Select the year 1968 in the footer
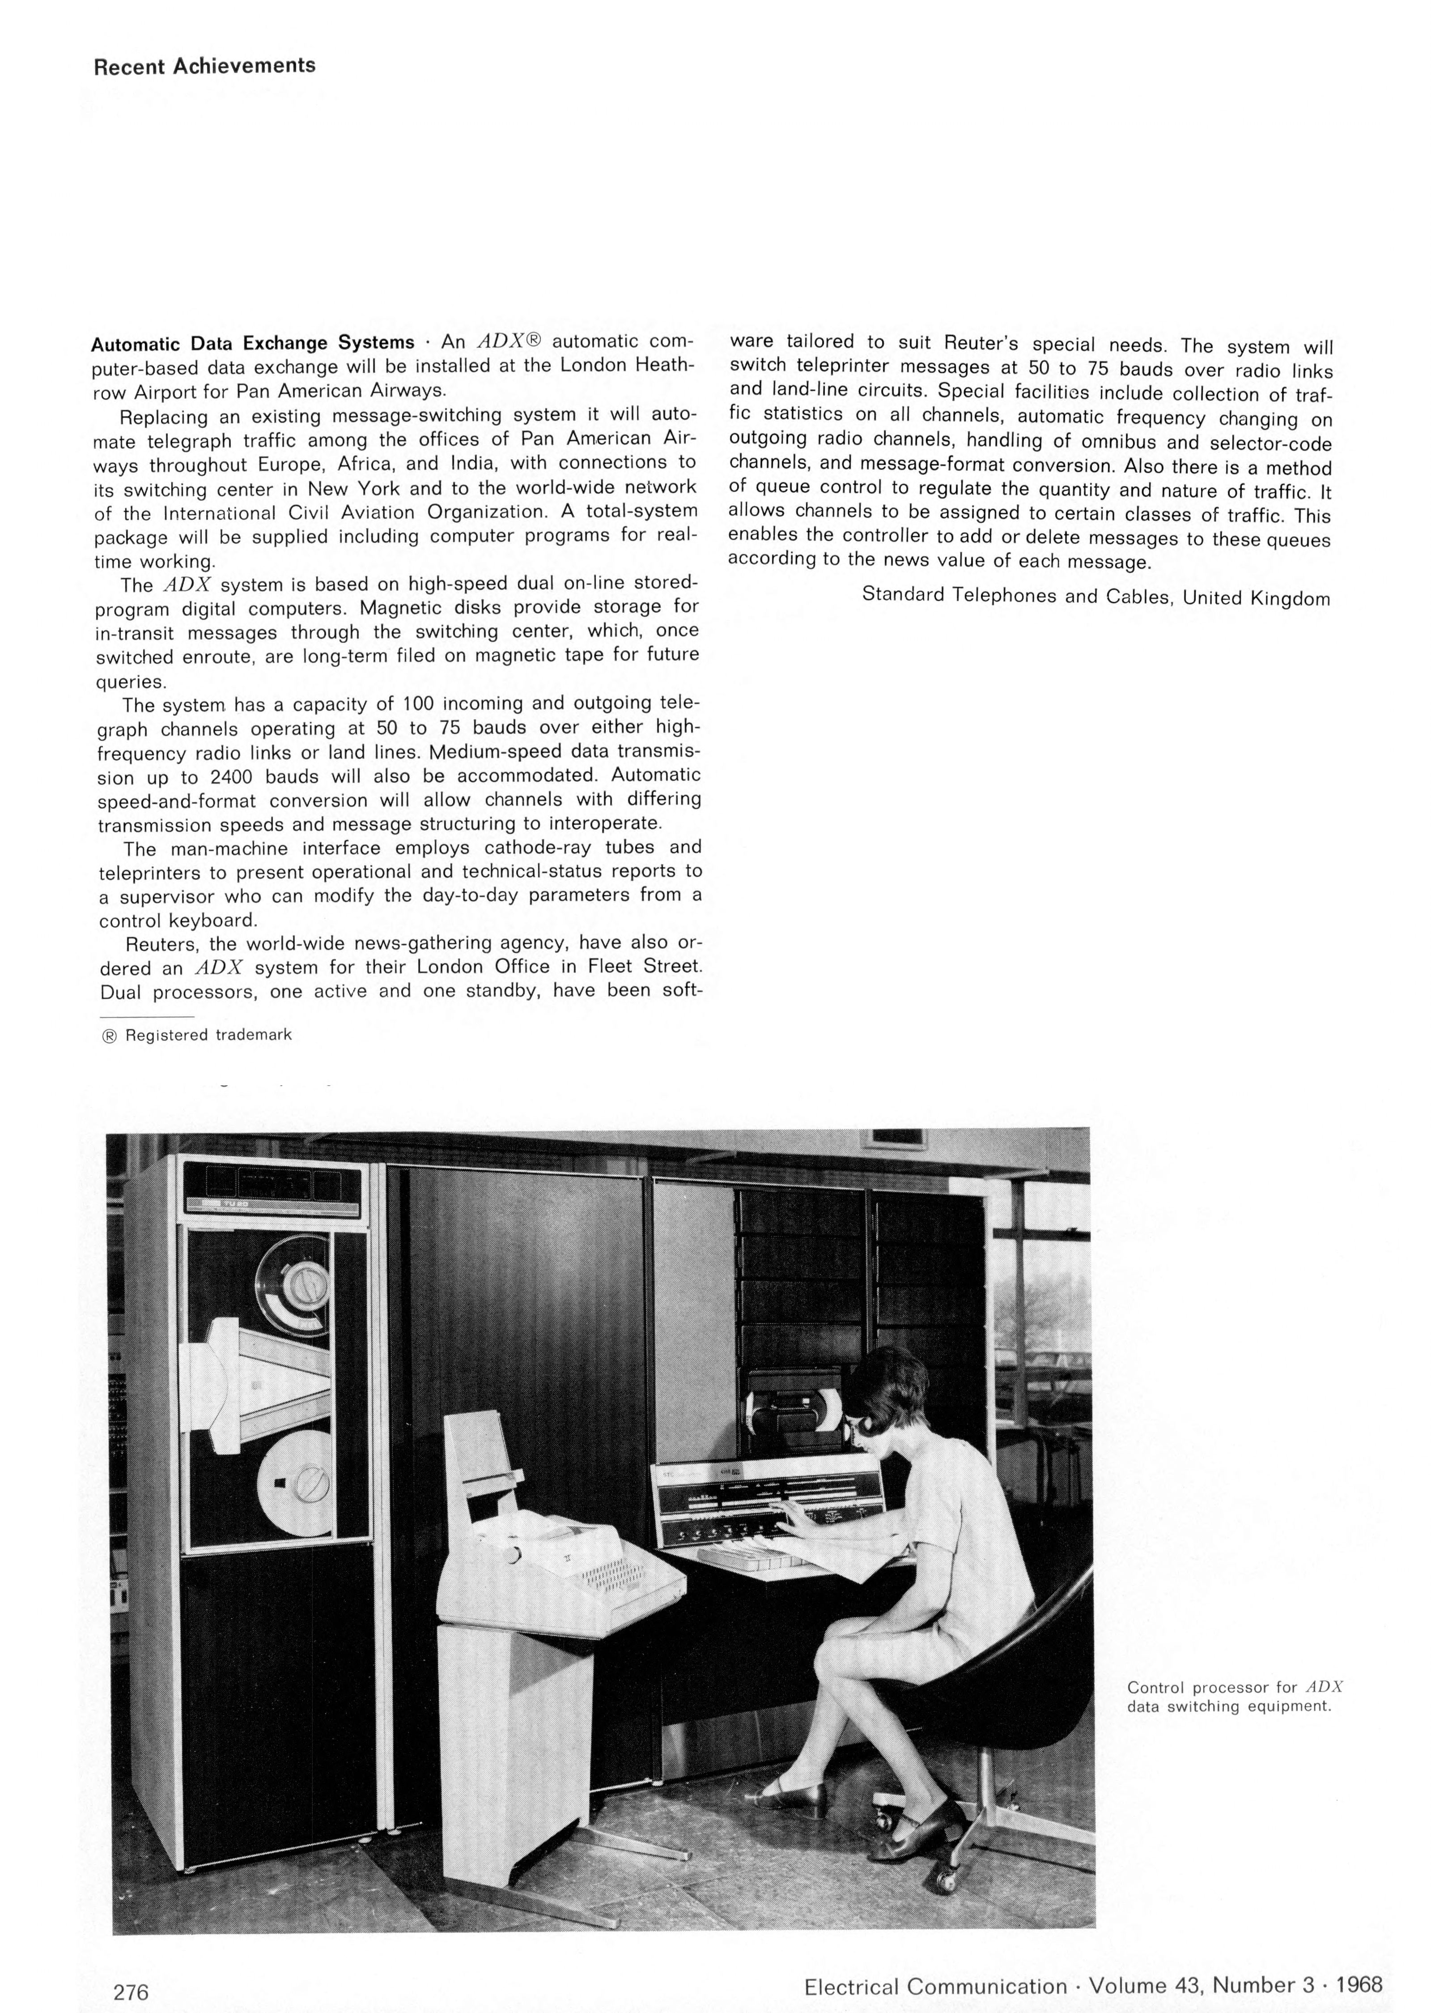tap(1359, 1961)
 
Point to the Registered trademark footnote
tap(198, 1035)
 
